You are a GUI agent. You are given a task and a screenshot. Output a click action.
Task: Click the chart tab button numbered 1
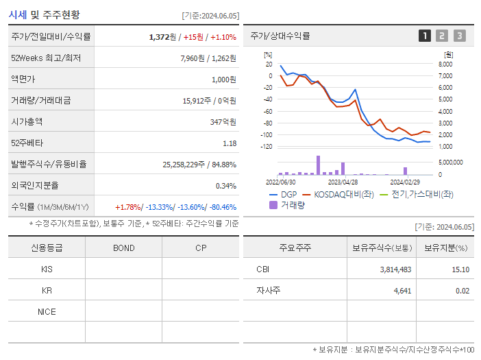(x=425, y=36)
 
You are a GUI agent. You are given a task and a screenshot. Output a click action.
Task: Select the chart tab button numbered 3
(x=459, y=36)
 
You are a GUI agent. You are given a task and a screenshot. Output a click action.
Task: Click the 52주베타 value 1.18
(x=230, y=143)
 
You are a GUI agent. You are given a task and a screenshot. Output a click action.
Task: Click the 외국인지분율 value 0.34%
(x=225, y=186)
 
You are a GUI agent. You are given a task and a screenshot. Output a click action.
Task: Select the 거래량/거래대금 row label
(x=41, y=101)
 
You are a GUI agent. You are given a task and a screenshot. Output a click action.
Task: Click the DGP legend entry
(x=282, y=194)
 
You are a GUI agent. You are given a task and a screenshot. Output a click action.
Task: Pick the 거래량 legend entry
(x=287, y=204)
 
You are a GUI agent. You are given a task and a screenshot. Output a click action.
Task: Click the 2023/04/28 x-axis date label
(x=343, y=182)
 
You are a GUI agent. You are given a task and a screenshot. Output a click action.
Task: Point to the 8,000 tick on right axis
(x=445, y=64)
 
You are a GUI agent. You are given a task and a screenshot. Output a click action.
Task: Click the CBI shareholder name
(x=262, y=269)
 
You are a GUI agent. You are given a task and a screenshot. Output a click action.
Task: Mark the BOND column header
(x=123, y=248)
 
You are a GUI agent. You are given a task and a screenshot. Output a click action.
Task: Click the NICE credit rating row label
(x=47, y=312)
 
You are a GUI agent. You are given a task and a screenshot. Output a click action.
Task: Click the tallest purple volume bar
(x=318, y=165)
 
